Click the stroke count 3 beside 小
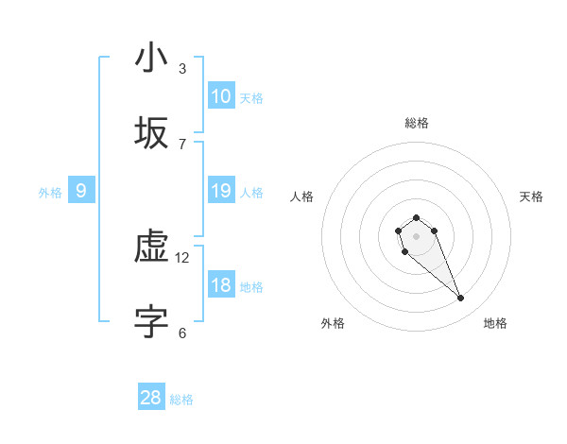point(182,69)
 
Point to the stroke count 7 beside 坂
point(182,145)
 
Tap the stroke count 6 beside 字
point(182,333)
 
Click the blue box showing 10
point(220,96)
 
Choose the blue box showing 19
point(220,191)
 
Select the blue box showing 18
point(220,285)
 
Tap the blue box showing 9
point(81,191)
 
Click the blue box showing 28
point(150,398)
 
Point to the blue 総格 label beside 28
point(181,400)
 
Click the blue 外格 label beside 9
point(50,193)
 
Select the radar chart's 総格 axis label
point(417,123)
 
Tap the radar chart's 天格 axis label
point(531,196)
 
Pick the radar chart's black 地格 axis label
point(495,323)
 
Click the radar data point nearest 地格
point(461,299)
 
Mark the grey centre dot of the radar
point(416,236)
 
